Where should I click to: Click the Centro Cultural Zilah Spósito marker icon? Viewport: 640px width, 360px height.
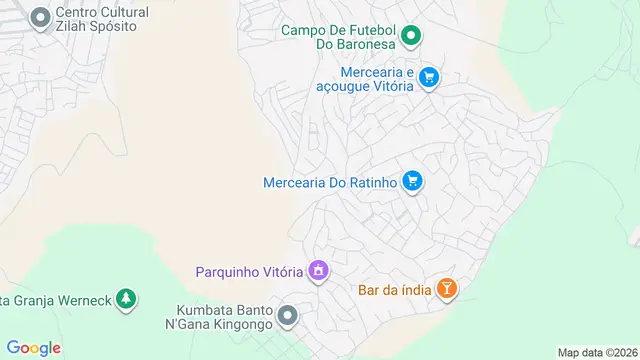click(x=41, y=18)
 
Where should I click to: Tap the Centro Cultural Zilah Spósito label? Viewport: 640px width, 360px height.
click(x=103, y=20)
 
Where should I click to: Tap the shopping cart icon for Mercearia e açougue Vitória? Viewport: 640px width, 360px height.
click(x=429, y=78)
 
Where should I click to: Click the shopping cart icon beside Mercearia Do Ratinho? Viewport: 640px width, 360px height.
click(x=412, y=181)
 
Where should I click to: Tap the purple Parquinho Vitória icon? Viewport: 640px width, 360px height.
click(x=319, y=270)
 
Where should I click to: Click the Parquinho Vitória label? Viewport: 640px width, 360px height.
click(x=249, y=271)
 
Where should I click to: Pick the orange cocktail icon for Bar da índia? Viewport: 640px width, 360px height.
click(x=447, y=290)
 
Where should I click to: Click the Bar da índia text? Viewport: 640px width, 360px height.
click(x=394, y=291)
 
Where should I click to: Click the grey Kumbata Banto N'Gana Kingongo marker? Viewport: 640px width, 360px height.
click(x=288, y=316)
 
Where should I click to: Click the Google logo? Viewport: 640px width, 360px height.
click(x=34, y=347)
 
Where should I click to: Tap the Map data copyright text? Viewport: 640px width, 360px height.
click(x=597, y=352)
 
